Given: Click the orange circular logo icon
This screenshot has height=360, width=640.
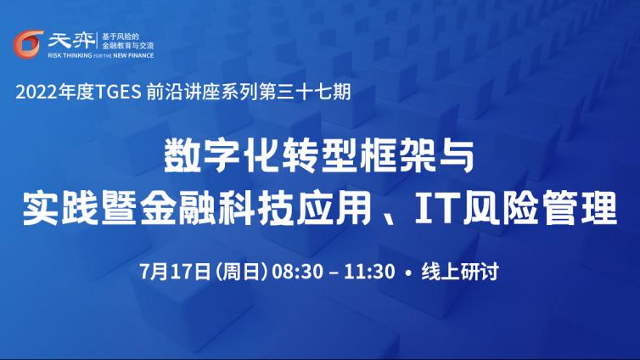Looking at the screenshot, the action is (28, 44).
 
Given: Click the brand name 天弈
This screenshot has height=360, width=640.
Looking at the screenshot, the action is (70, 40).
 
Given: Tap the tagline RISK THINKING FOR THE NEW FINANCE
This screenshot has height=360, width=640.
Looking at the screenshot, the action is (101, 55).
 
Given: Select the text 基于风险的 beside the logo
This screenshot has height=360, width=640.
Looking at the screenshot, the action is (120, 37).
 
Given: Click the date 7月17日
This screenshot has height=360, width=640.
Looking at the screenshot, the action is (175, 272).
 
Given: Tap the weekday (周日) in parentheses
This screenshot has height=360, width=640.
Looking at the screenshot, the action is (241, 272).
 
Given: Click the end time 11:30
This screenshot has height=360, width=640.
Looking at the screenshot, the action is (369, 272).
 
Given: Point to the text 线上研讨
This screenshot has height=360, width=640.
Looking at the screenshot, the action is (460, 272).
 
